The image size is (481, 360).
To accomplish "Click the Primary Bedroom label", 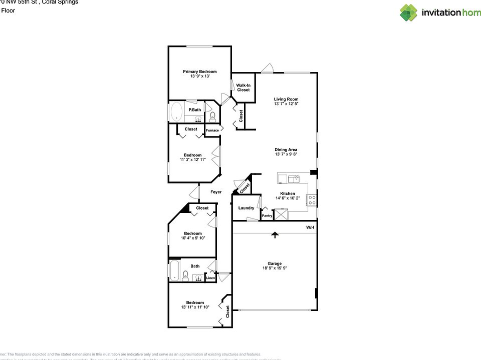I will point(199,71).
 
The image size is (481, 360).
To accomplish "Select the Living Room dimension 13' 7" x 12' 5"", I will point(286,104).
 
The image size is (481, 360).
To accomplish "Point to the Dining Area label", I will point(286,149).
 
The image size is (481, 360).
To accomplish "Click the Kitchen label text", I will point(287,193).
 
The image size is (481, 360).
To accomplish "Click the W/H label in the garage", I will point(310,228).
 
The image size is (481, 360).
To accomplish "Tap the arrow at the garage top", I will point(274,234).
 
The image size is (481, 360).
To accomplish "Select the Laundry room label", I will point(246,208).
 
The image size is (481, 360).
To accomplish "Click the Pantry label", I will point(267,216).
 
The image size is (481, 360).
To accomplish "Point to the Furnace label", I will point(212,130).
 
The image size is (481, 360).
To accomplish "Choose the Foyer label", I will point(216,192).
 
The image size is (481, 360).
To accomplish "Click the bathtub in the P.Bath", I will point(176,111).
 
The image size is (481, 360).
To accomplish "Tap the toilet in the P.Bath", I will point(212,117).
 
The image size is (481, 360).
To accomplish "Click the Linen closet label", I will point(210,278).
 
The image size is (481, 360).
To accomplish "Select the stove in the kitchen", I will point(312,200).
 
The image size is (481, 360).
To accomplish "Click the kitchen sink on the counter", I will point(293,178).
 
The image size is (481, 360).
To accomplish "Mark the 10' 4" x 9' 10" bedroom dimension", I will point(193,238).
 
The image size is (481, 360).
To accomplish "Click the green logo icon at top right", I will point(408,12).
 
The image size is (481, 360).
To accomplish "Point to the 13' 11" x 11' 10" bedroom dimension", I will point(195,307).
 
